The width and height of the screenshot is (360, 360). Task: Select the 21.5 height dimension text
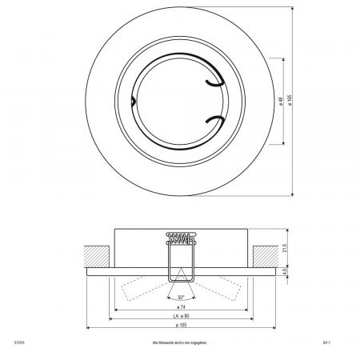[x=285, y=250]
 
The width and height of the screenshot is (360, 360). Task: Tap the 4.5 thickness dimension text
[x=285, y=271]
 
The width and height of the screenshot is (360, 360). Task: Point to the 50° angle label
[x=181, y=297]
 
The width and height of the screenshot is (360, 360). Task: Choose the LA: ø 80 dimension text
[x=180, y=317]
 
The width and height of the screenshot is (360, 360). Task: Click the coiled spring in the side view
[x=180, y=236]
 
